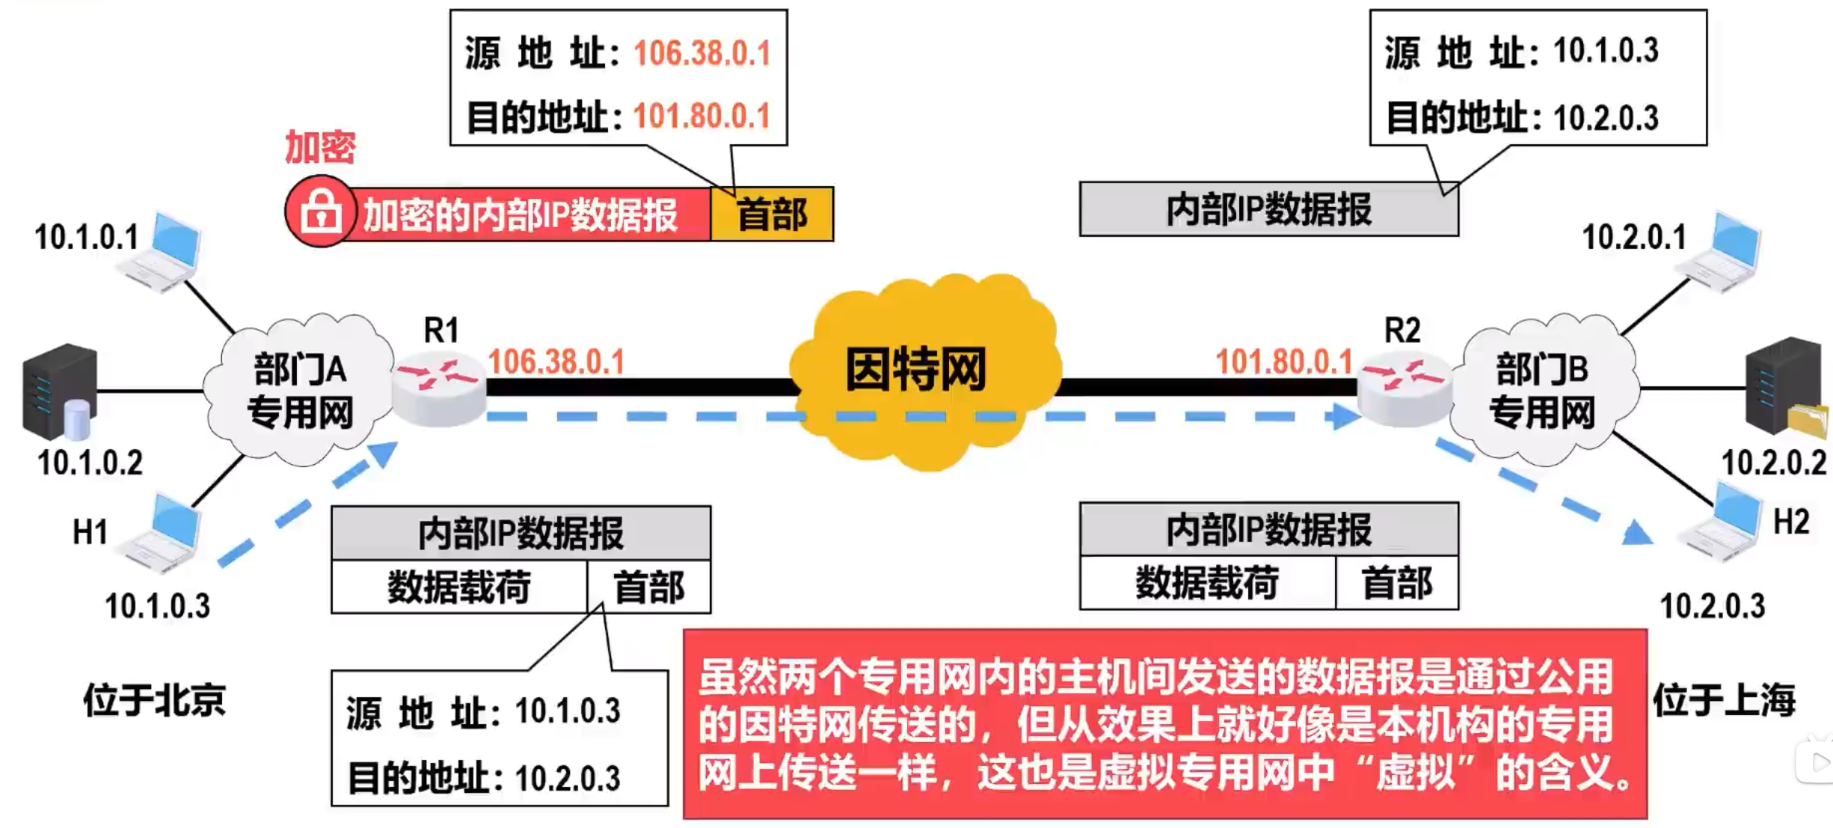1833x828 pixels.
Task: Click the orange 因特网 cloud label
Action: [915, 369]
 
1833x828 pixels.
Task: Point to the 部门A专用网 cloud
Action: [300, 390]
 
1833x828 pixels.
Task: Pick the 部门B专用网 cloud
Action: [1542, 390]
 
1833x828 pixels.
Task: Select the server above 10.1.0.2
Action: [60, 391]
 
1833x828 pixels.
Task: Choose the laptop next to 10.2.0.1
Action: [1723, 253]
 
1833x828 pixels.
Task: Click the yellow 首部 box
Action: [772, 214]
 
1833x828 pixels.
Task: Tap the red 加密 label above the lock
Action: [320, 146]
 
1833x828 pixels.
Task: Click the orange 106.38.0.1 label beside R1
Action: [556, 362]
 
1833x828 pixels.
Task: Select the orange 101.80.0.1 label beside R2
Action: [1283, 362]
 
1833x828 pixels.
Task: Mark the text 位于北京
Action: [154, 700]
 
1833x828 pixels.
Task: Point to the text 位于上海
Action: [1725, 700]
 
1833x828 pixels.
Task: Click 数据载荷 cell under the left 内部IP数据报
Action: [459, 587]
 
